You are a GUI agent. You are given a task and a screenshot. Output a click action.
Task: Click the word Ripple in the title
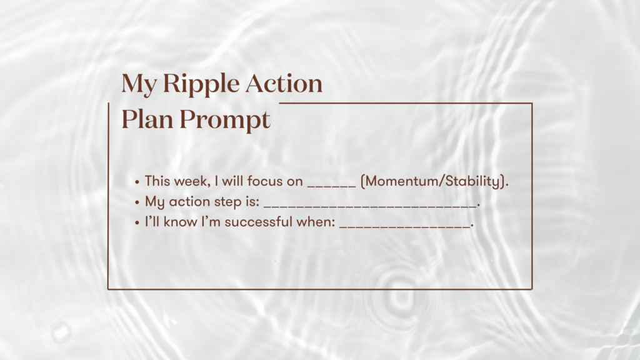pyautogui.click(x=201, y=84)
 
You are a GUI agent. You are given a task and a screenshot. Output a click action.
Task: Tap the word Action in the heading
pyautogui.click(x=284, y=83)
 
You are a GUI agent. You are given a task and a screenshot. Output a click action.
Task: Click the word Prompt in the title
pyautogui.click(x=225, y=121)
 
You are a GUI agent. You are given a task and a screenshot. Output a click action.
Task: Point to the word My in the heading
pyautogui.click(x=139, y=85)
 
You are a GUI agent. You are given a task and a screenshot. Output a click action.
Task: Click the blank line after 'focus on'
pyautogui.click(x=331, y=186)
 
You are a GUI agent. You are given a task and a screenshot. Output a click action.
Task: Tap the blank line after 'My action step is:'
pyautogui.click(x=370, y=206)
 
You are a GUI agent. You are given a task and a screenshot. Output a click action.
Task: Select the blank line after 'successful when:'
pyautogui.click(x=404, y=226)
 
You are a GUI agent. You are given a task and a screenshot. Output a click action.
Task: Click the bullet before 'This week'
pyautogui.click(x=137, y=182)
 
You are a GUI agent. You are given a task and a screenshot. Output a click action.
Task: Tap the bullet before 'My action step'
pyautogui.click(x=137, y=202)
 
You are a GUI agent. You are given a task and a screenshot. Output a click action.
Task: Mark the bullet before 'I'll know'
pyautogui.click(x=137, y=222)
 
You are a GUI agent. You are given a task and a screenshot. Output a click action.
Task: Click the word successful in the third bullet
pyautogui.click(x=258, y=222)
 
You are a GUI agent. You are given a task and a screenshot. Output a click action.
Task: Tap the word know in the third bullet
pyautogui.click(x=181, y=222)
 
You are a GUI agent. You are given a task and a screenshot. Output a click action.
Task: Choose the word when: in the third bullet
pyautogui.click(x=316, y=222)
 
